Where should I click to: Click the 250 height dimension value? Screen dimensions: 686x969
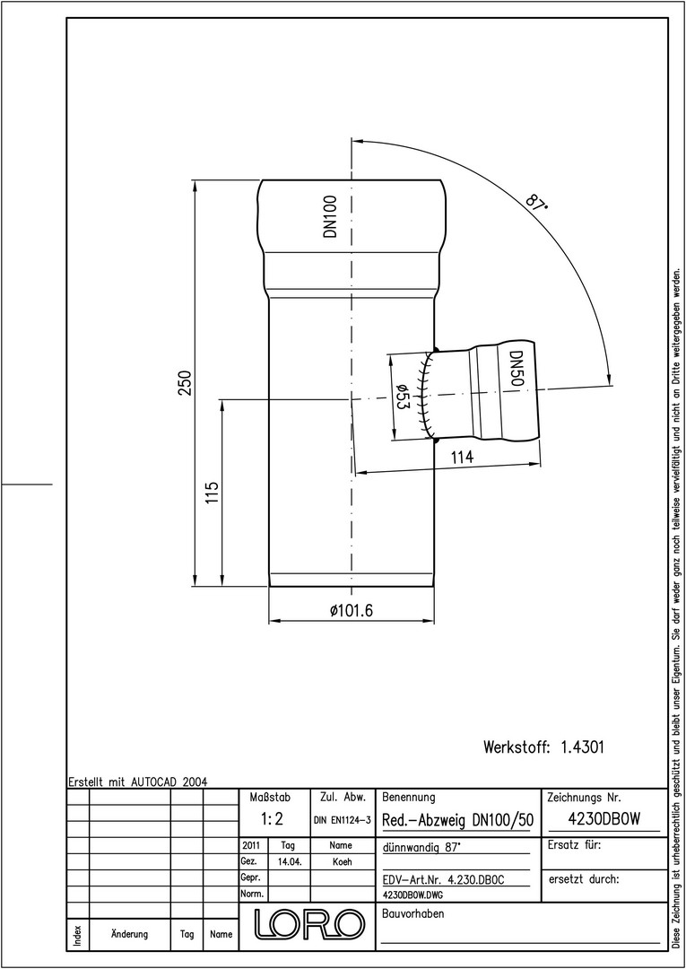186,382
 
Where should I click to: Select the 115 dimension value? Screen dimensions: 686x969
213,493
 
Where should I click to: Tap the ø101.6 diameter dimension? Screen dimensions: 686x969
352,611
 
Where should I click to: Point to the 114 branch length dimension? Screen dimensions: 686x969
463,458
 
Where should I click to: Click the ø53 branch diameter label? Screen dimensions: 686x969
402,396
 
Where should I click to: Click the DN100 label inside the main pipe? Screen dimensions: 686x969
331,216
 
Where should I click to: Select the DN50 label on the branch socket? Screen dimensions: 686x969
517,369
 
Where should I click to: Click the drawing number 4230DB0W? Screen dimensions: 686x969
604,819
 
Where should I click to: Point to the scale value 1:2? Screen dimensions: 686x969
272,819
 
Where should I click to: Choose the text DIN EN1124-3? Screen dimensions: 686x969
342,820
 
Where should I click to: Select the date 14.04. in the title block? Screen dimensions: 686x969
290,862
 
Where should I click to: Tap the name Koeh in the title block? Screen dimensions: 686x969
342,862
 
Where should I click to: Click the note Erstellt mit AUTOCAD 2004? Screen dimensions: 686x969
138,781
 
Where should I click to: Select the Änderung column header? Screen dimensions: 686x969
130,934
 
